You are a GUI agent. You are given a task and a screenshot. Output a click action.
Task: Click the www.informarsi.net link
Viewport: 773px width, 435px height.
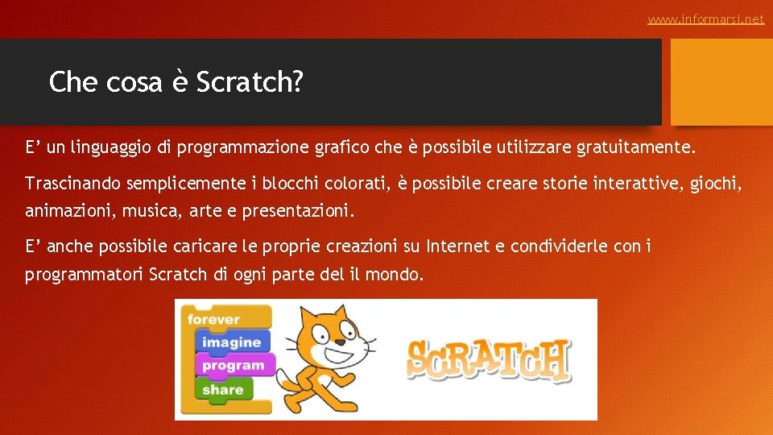705,19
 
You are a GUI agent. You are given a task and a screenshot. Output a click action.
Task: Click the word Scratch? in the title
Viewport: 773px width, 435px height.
250,81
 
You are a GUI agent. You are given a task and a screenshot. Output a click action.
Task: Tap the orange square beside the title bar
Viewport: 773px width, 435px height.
721,82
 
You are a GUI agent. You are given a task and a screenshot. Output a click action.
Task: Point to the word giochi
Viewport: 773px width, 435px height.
716,184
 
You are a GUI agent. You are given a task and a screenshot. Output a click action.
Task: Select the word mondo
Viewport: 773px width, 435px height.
394,275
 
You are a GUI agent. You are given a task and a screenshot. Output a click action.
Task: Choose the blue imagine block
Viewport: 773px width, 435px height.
231,342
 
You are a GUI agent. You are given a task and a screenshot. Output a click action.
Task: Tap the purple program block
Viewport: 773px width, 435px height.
233,366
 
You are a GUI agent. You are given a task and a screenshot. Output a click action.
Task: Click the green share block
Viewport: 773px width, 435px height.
223,389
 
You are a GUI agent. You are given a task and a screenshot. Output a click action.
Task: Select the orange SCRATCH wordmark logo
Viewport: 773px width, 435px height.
488,359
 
